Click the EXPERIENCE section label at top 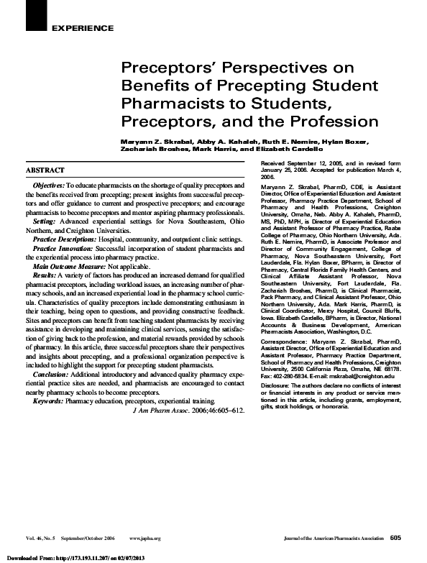pyautogui.click(x=83, y=28)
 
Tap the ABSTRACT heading pyautogui.click(x=45, y=170)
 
